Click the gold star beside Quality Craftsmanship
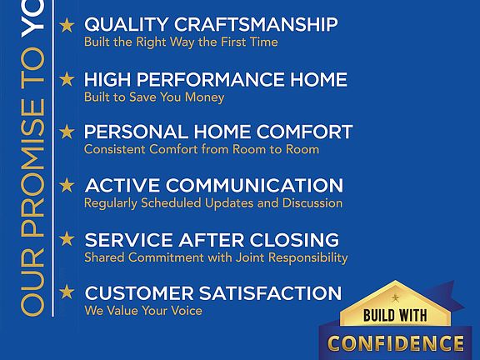point(67,25)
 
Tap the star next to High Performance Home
point(67,79)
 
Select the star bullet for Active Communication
point(67,185)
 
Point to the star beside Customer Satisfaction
point(67,292)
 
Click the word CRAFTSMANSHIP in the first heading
point(256,24)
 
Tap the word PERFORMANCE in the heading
point(211,80)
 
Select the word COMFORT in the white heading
point(304,132)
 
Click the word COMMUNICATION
point(255,186)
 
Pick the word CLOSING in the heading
point(294,240)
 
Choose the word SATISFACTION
point(270,293)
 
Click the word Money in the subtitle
point(204,97)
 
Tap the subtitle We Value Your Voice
point(143,310)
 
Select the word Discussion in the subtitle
point(312,203)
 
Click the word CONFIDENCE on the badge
point(396,343)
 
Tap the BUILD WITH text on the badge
point(395,315)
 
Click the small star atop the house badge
point(395,297)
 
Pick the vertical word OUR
point(32,282)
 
